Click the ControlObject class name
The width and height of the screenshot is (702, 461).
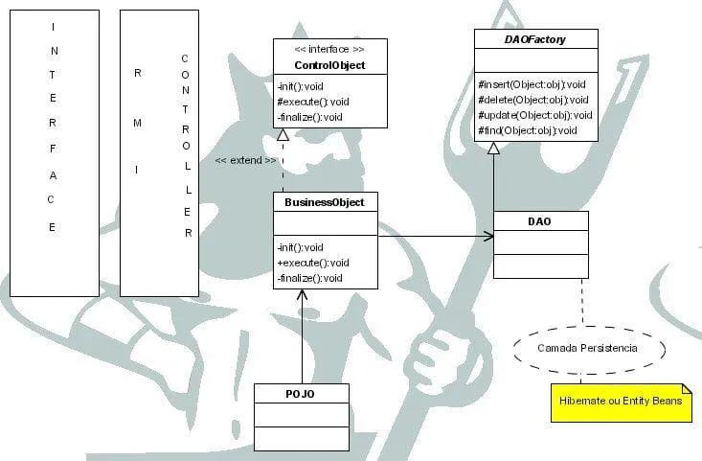tap(330, 65)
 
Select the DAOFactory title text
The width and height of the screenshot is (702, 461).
tap(535, 38)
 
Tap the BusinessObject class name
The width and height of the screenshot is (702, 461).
tap(325, 202)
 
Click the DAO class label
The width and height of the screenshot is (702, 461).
tap(540, 221)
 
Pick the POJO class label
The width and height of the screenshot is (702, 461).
tap(301, 394)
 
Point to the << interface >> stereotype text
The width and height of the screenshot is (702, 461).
tap(330, 49)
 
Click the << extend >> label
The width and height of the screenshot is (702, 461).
tap(246, 160)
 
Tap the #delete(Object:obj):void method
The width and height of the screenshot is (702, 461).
tap(533, 100)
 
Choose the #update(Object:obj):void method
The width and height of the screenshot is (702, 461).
tap(535, 115)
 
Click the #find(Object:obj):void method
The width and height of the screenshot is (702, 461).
tap(528, 130)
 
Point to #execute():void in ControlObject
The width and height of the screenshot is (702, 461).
tap(313, 102)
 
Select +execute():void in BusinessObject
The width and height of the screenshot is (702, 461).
tap(313, 263)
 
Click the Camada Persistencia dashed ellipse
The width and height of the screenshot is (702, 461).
tap(587, 348)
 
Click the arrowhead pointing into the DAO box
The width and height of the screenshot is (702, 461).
tap(487, 236)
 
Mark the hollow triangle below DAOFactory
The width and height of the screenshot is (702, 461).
tap(493, 149)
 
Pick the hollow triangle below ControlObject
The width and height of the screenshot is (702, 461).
tap(283, 134)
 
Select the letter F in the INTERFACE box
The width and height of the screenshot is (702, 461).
tap(53, 149)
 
